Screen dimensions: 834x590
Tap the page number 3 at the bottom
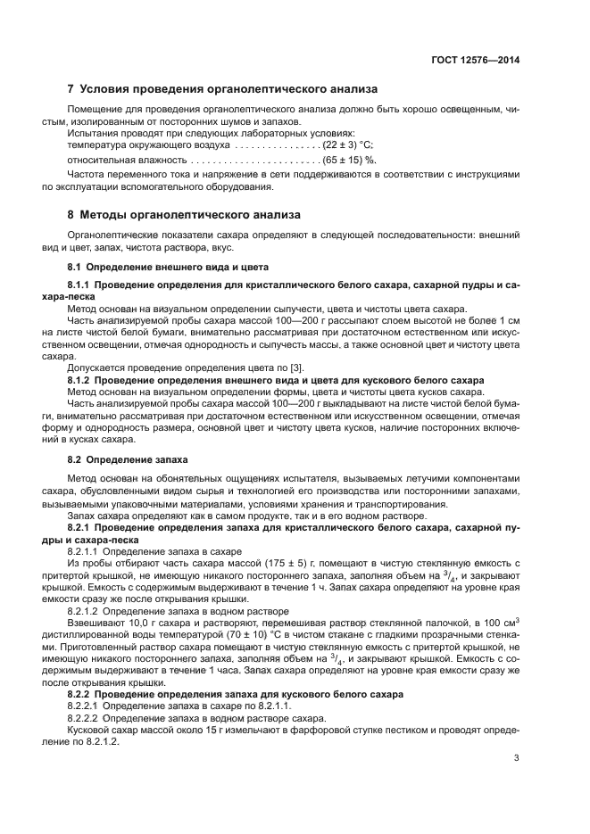pyautogui.click(x=516, y=758)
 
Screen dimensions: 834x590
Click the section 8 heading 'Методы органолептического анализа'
pyautogui.click(x=190, y=215)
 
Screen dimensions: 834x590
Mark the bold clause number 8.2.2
pyautogui.click(x=83, y=693)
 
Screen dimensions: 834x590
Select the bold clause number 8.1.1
pyautogui.click(x=83, y=284)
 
